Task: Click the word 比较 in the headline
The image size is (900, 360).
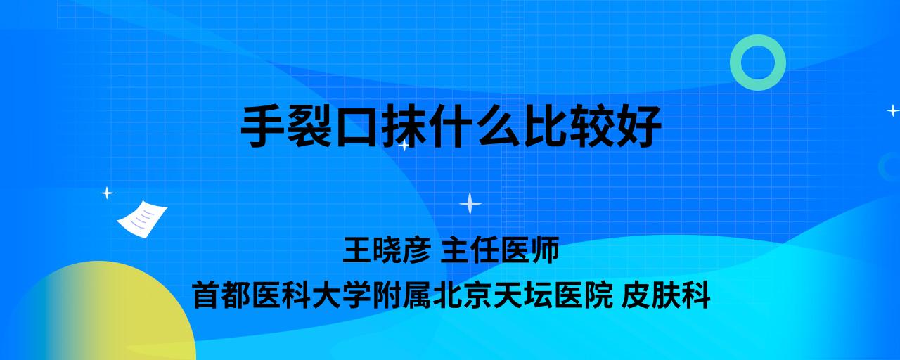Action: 569,126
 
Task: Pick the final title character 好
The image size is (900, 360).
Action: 640,126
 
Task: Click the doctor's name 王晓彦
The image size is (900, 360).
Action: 387,250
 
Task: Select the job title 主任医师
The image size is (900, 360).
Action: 500,250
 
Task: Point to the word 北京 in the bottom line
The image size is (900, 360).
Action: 463,295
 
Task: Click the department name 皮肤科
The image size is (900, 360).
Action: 666,295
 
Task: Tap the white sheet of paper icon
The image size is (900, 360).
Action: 142,219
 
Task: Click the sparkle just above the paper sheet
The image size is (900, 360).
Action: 107,193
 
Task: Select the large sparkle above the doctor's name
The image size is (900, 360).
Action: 470,204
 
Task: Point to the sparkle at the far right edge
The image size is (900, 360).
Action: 893,110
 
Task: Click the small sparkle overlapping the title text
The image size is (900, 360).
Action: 404,145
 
